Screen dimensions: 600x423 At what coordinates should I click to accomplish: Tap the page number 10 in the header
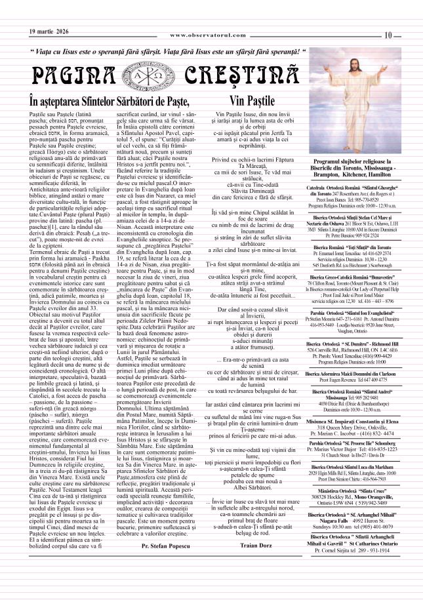click(389, 35)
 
